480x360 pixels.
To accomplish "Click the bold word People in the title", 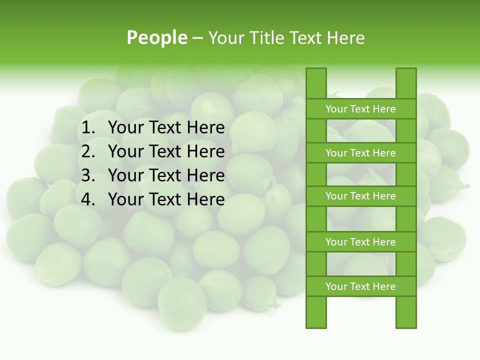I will [156, 37].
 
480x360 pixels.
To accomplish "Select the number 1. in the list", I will [88, 128].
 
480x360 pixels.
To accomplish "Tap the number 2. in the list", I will [88, 151].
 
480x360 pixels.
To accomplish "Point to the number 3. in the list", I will [88, 175].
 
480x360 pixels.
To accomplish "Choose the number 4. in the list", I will [88, 199].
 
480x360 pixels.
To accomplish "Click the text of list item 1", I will [166, 128].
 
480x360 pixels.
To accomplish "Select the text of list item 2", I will [166, 151].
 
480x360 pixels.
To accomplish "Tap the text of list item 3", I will [166, 175].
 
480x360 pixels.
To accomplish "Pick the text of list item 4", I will [166, 199].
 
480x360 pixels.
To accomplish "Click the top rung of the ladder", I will [360, 109].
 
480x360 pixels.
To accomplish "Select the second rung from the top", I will [360, 153].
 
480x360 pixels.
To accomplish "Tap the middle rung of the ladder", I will [360, 196].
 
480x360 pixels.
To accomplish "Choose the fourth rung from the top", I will [360, 242].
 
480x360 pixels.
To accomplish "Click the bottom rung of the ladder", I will [360, 286].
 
